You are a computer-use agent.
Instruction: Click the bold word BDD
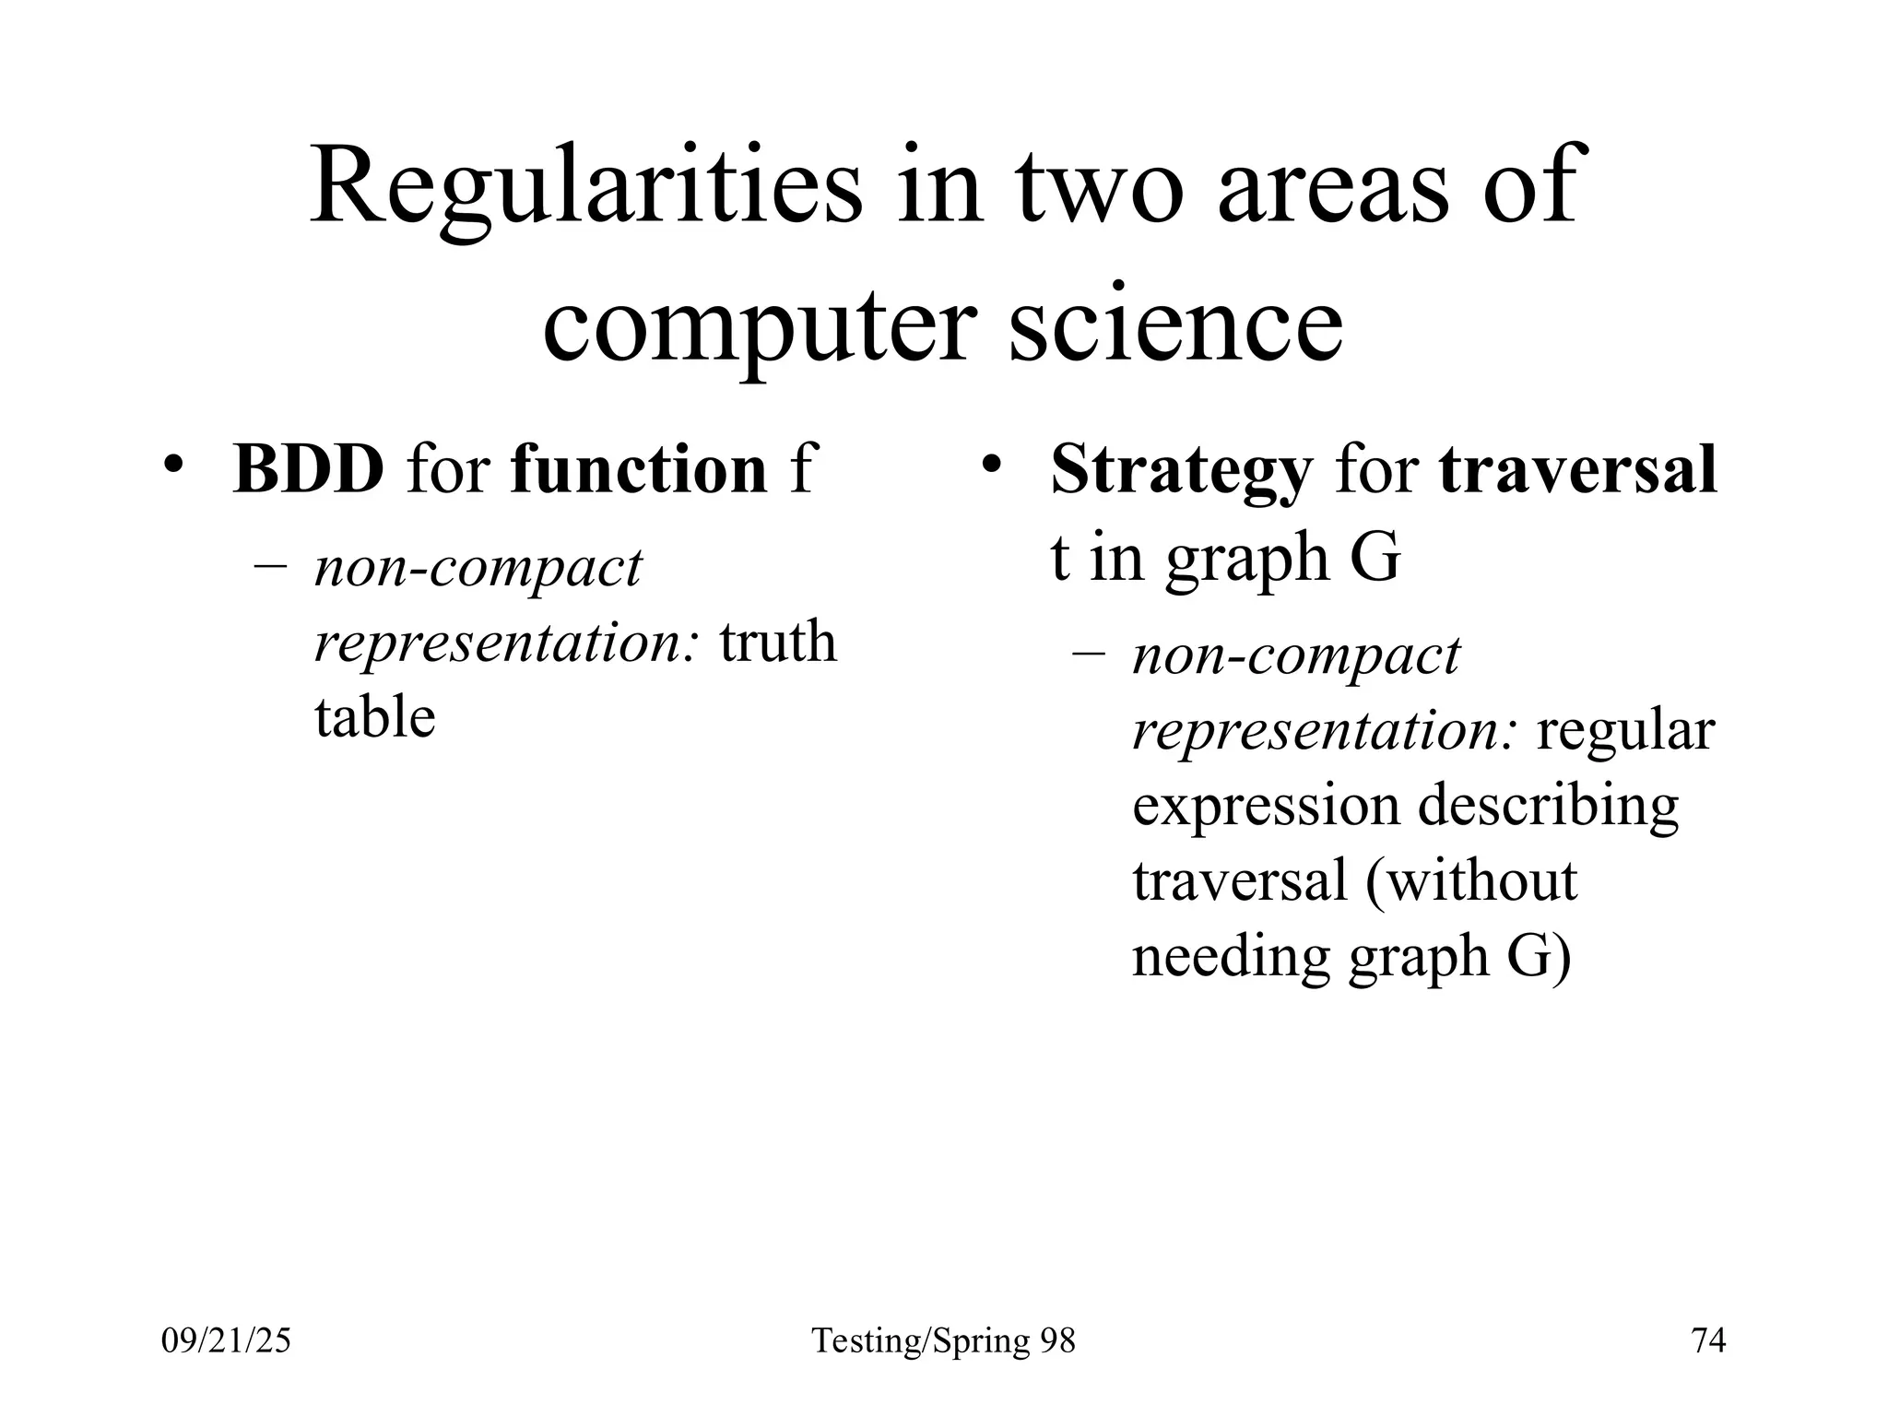click(308, 469)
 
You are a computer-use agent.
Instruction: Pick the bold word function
click(638, 469)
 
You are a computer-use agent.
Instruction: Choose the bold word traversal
click(1577, 469)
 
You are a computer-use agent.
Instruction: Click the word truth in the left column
click(777, 642)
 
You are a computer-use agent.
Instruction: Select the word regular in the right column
click(1624, 733)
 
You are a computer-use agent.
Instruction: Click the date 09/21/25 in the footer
click(226, 1340)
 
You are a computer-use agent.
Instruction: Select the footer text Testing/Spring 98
click(943, 1340)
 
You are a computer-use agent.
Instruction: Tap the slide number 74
click(1708, 1340)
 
